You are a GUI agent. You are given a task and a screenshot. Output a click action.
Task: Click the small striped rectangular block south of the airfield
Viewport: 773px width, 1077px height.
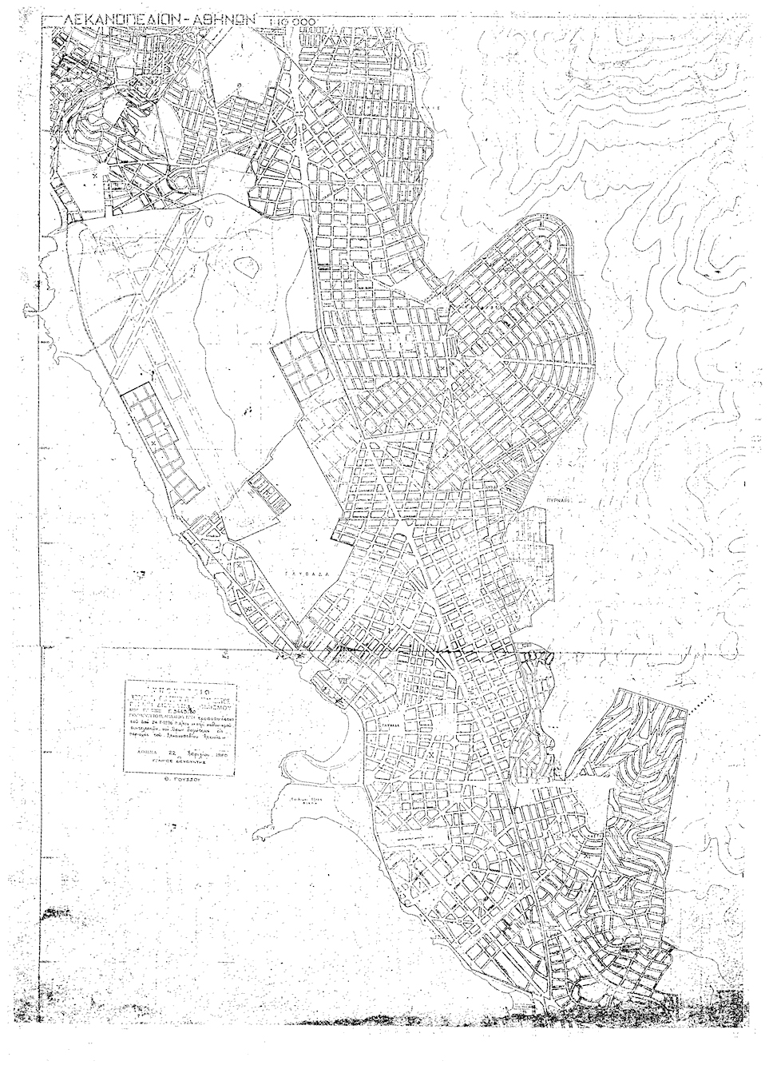coord(268,493)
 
